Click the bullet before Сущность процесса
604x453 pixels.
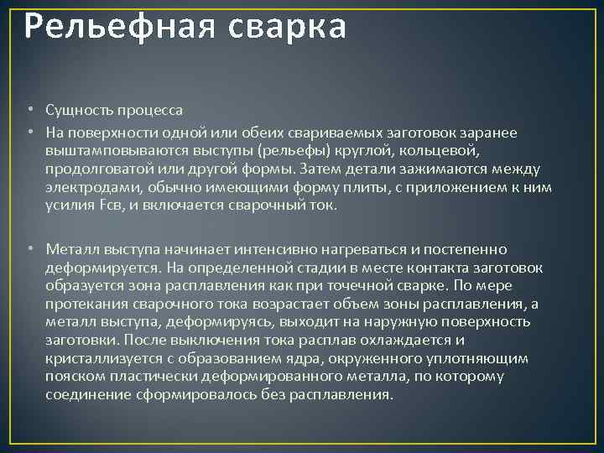pyautogui.click(x=29, y=110)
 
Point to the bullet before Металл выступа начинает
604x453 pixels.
pyautogui.click(x=29, y=249)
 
